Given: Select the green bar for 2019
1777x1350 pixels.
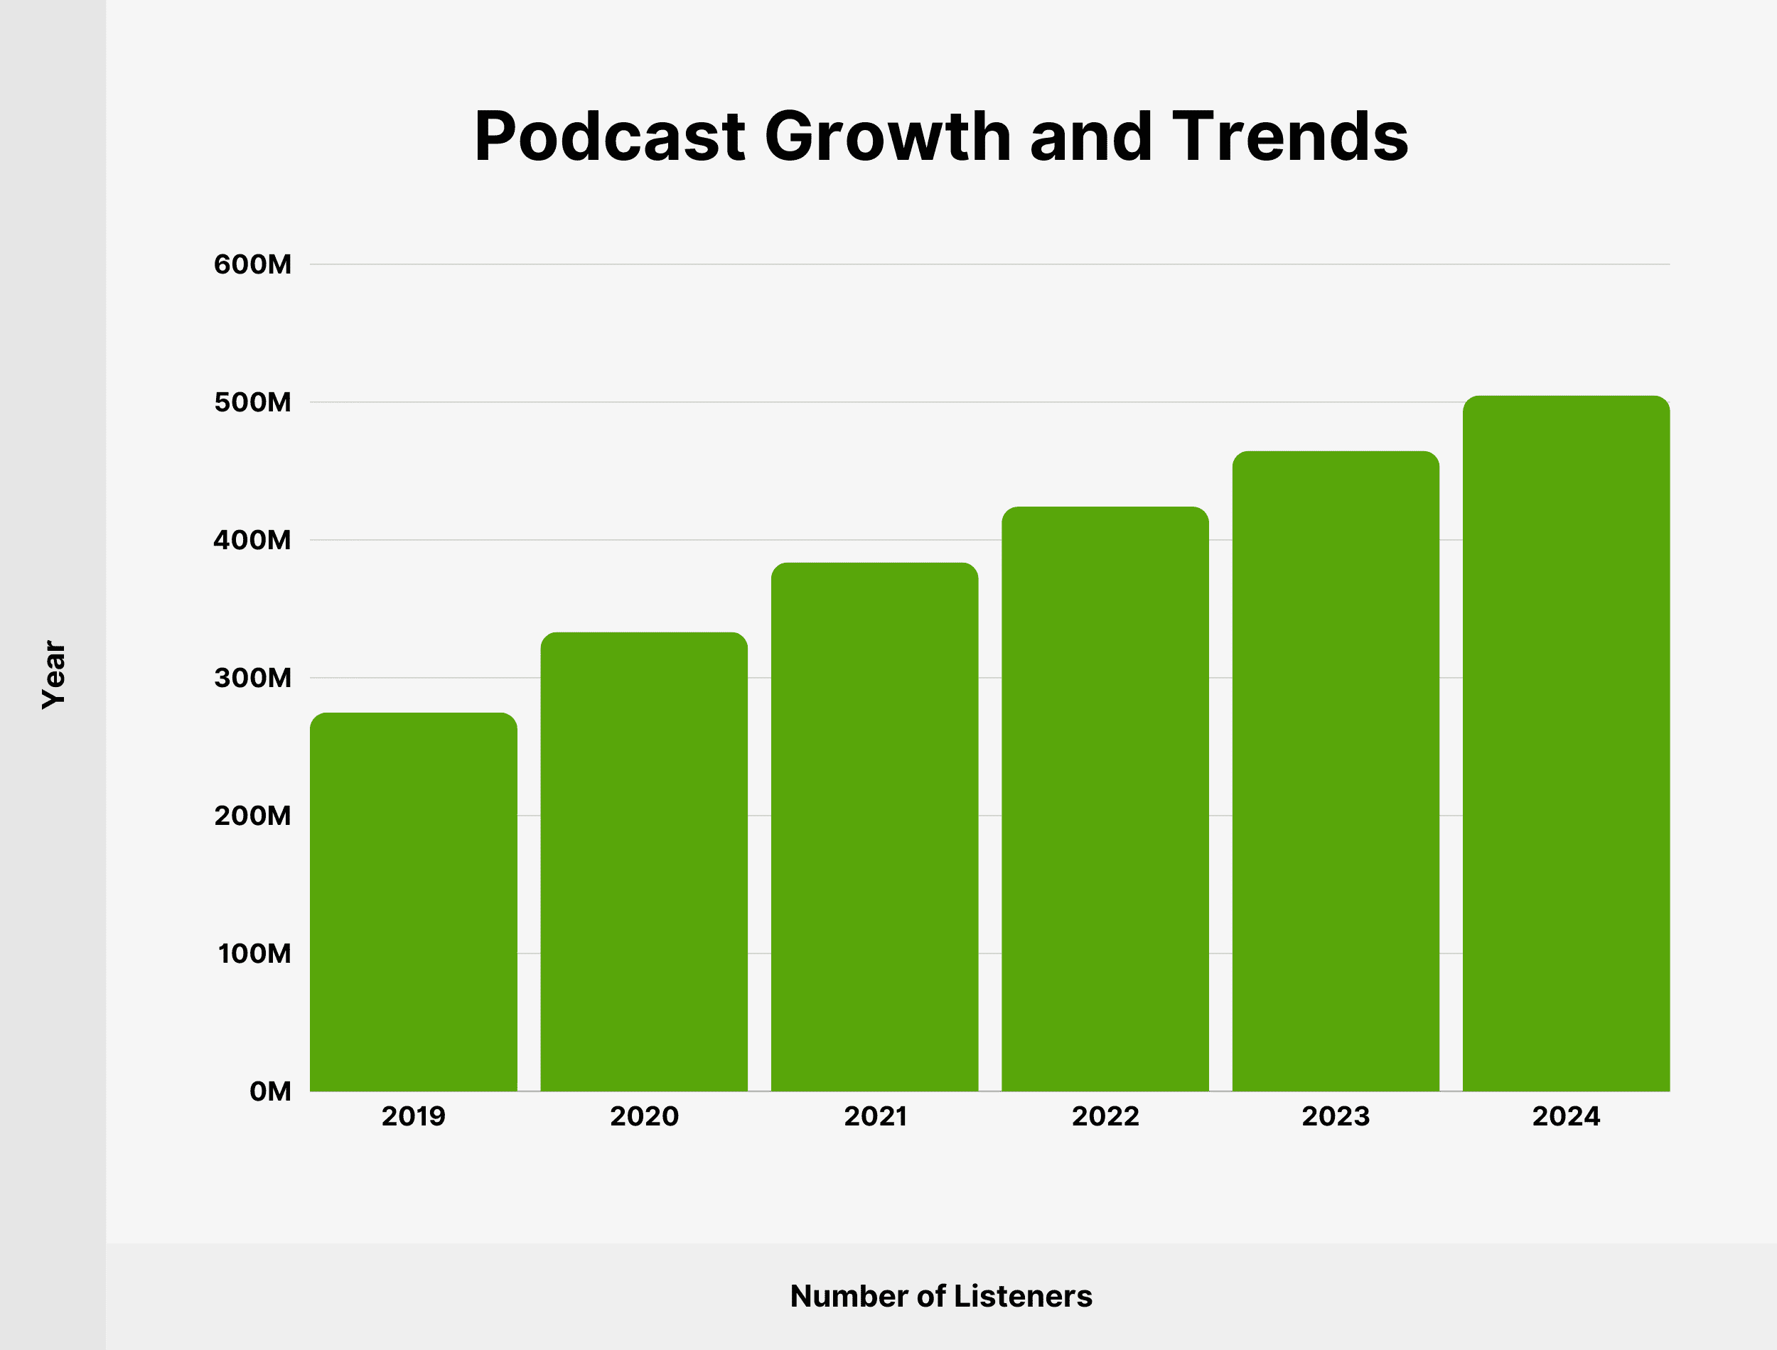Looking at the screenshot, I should (x=413, y=902).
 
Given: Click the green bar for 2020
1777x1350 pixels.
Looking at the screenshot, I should (x=644, y=861).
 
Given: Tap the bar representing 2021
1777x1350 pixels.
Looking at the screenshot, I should (x=874, y=827).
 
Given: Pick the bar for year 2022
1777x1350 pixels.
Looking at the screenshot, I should (x=1105, y=799).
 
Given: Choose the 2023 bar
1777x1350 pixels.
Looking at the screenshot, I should (x=1335, y=772).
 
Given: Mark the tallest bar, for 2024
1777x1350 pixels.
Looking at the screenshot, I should (x=1566, y=743).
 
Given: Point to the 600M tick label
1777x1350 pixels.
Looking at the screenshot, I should (x=252, y=264).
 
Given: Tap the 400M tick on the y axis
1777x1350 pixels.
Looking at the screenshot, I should (x=252, y=540).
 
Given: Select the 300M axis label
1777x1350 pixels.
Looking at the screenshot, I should (x=252, y=679).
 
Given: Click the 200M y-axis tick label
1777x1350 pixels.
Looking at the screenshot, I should (x=252, y=816).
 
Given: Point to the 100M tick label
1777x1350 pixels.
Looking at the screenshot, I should (x=254, y=954).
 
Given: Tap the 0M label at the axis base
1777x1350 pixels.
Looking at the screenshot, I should (x=270, y=1091).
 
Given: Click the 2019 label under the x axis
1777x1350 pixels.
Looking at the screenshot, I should (x=413, y=1116).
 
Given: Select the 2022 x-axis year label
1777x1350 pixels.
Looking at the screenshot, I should (x=1105, y=1116).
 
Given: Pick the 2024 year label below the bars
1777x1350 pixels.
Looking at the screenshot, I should (x=1566, y=1116).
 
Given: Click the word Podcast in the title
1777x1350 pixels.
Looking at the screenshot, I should (x=610, y=136).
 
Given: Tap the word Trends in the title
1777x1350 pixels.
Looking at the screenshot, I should (x=1290, y=136).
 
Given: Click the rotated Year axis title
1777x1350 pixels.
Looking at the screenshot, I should (x=54, y=674).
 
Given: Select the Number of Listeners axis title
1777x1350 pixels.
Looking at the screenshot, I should (x=941, y=1296).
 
